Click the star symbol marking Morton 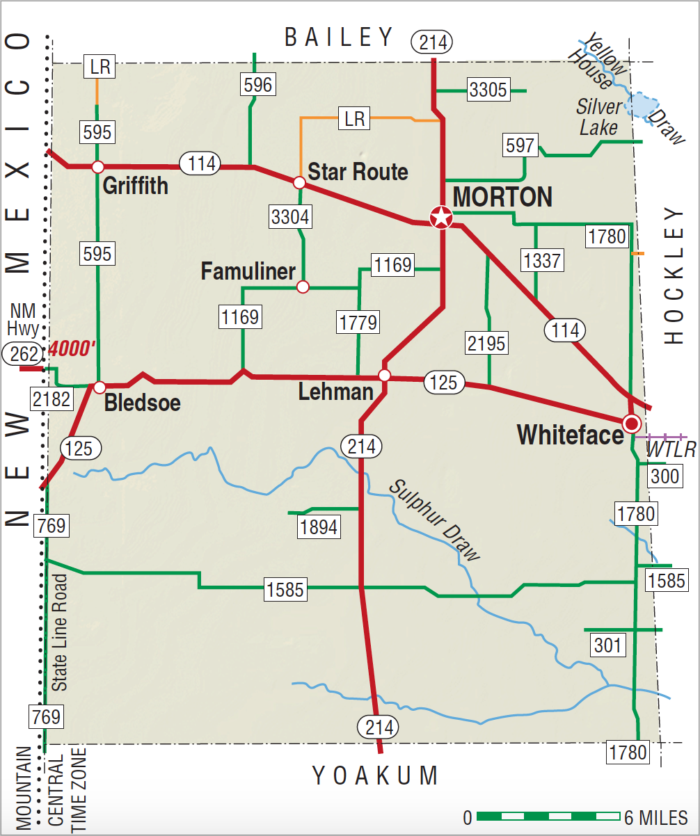pyautogui.click(x=441, y=218)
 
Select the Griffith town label pyautogui.click(x=136, y=186)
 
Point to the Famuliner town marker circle pyautogui.click(x=303, y=287)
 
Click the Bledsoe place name pyautogui.click(x=143, y=403)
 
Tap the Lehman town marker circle pyautogui.click(x=384, y=376)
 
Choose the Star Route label pyautogui.click(x=358, y=172)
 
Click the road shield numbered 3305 pyautogui.click(x=488, y=90)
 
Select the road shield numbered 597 pyautogui.click(x=520, y=146)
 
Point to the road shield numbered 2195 pyautogui.click(x=487, y=343)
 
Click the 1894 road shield pyautogui.click(x=319, y=526)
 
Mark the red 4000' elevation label pyautogui.click(x=72, y=348)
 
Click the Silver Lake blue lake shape pyautogui.click(x=642, y=104)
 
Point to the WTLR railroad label pyautogui.click(x=671, y=450)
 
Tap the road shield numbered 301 pyautogui.click(x=607, y=645)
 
